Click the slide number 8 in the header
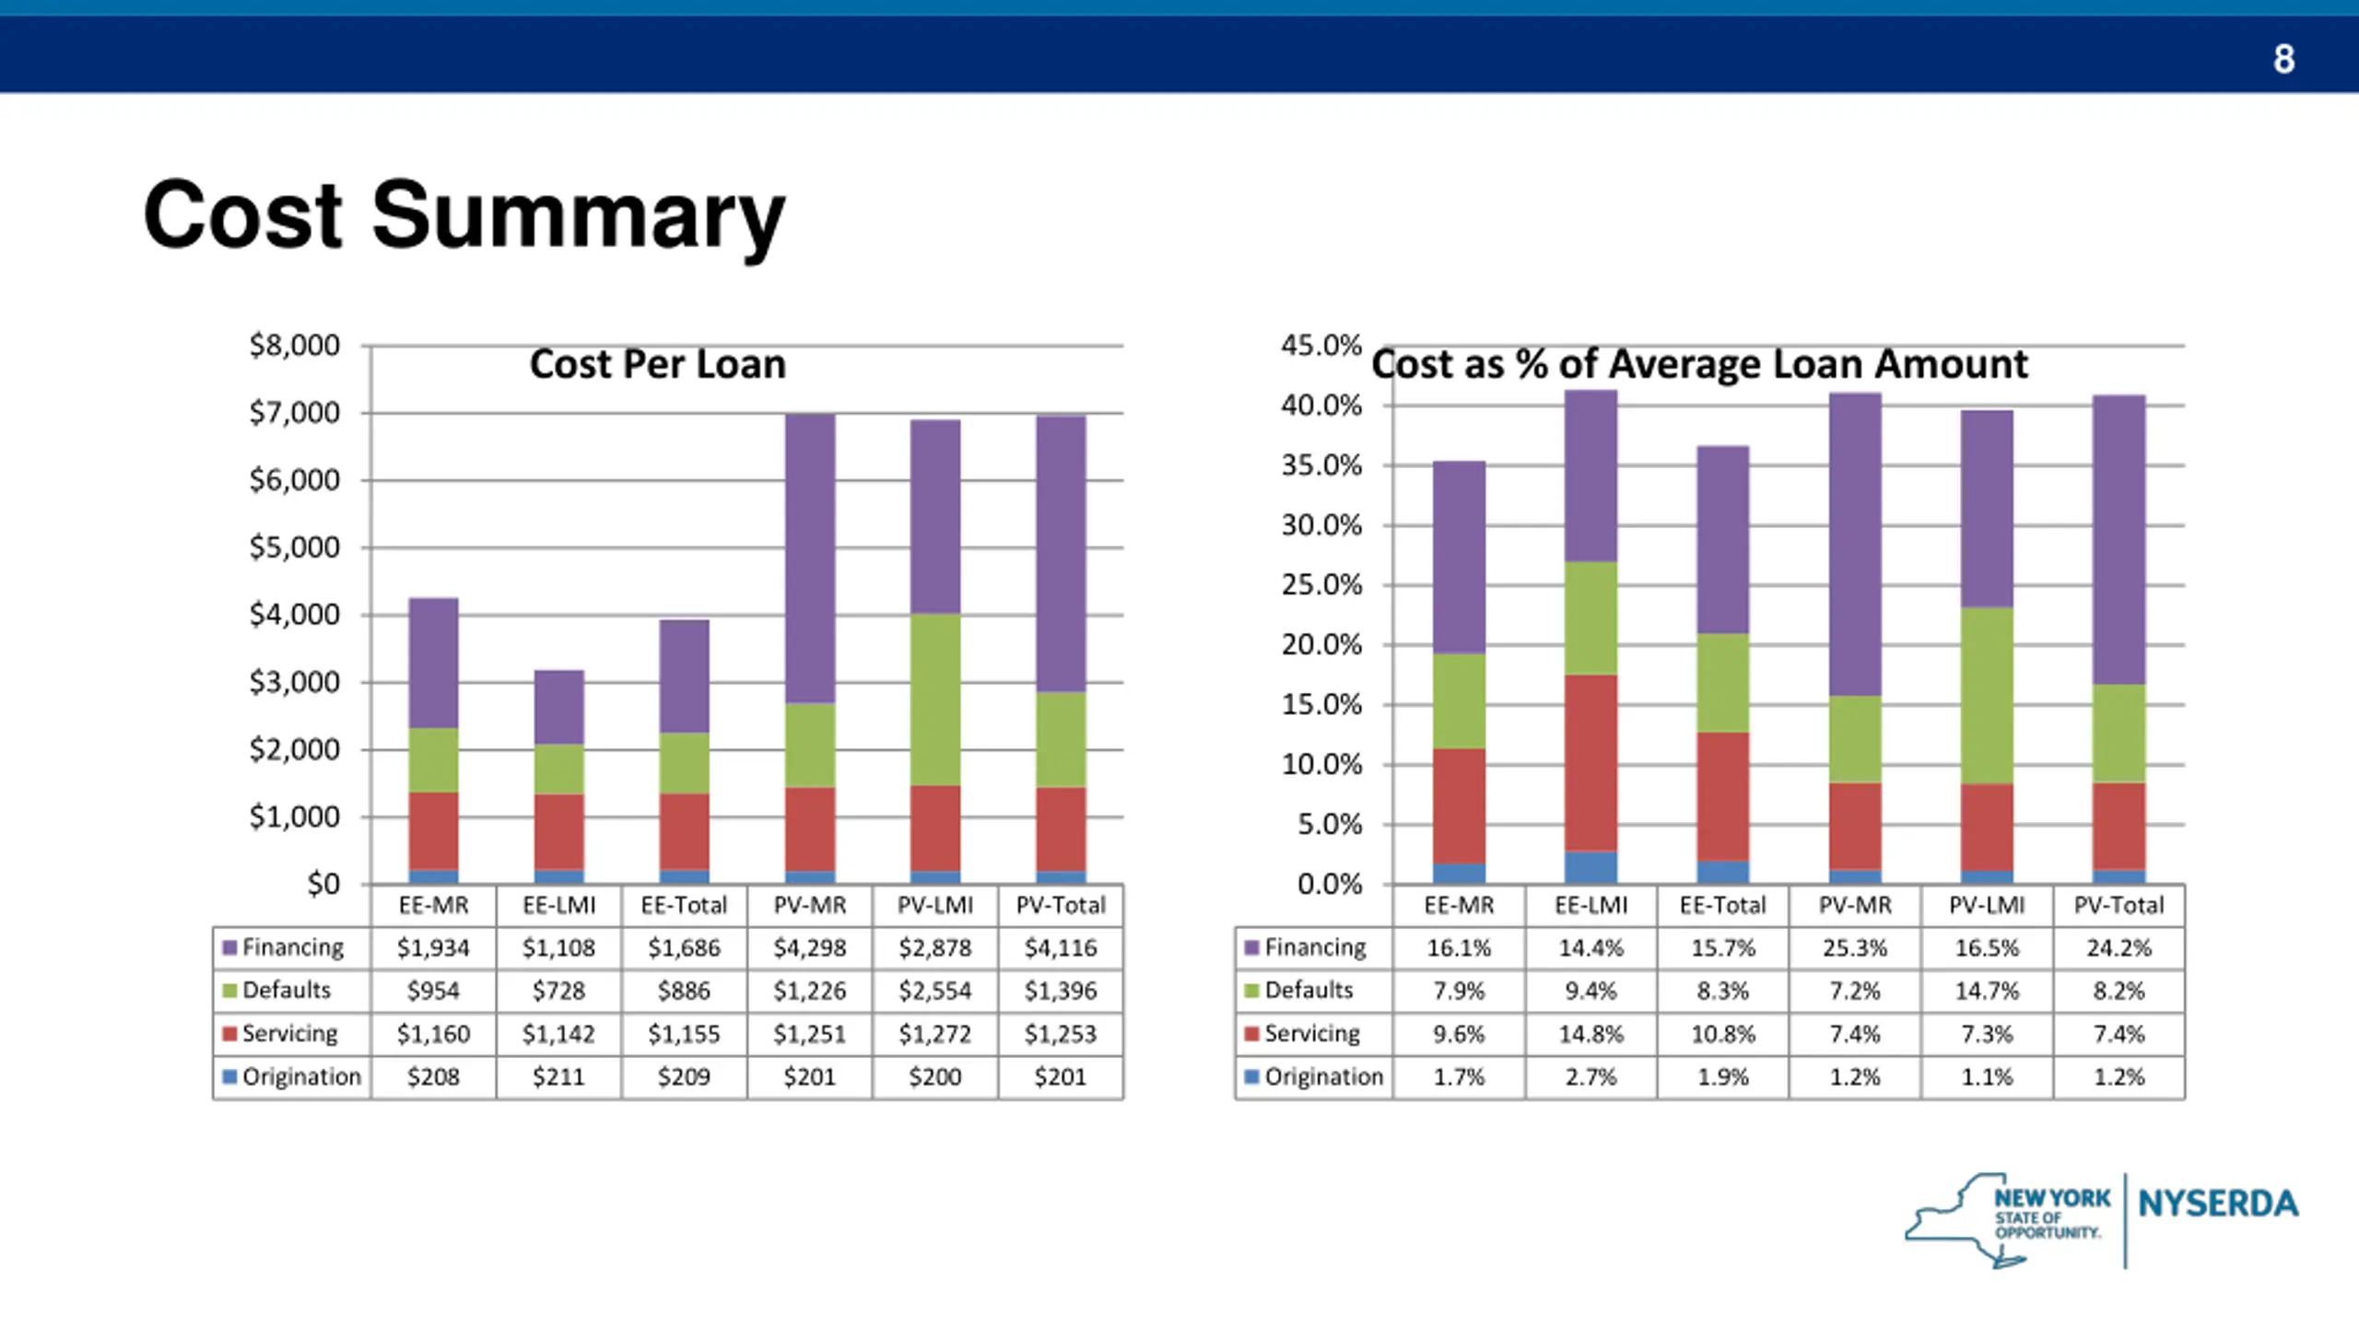click(2283, 59)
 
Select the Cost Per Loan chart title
click(657, 364)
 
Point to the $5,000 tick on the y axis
click(294, 547)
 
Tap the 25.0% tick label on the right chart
click(1320, 585)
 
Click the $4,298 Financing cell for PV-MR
click(809, 947)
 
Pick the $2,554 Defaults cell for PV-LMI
click(934, 991)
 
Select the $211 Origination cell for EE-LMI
click(558, 1076)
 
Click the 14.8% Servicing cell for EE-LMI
click(1590, 1034)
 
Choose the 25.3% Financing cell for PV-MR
click(1854, 947)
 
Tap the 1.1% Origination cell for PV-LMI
click(1987, 1076)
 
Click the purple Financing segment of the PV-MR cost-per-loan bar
click(810, 558)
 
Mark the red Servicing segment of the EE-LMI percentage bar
click(1590, 763)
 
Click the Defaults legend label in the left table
click(286, 991)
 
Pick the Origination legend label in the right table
click(1323, 1076)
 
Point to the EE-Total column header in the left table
click(684, 905)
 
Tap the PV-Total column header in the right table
click(2118, 905)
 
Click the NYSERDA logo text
click(2218, 1204)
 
